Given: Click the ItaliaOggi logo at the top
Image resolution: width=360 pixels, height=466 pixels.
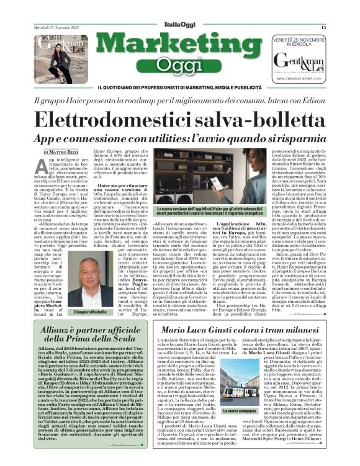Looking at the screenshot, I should pyautogui.click(x=179, y=27).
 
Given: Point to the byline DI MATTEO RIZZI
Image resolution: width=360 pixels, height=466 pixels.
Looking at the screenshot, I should pyautogui.click(x=61, y=151).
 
